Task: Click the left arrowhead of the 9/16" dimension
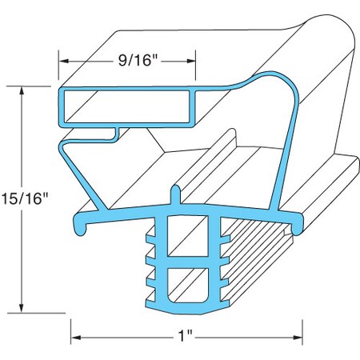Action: [x=64, y=61]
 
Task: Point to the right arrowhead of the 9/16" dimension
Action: [x=191, y=61]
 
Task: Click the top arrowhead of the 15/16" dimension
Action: [x=22, y=91]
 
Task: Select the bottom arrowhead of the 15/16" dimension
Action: [x=22, y=307]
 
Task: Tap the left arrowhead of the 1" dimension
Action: [x=76, y=338]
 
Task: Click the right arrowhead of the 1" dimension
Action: [x=297, y=338]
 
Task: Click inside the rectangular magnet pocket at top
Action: [x=127, y=106]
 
